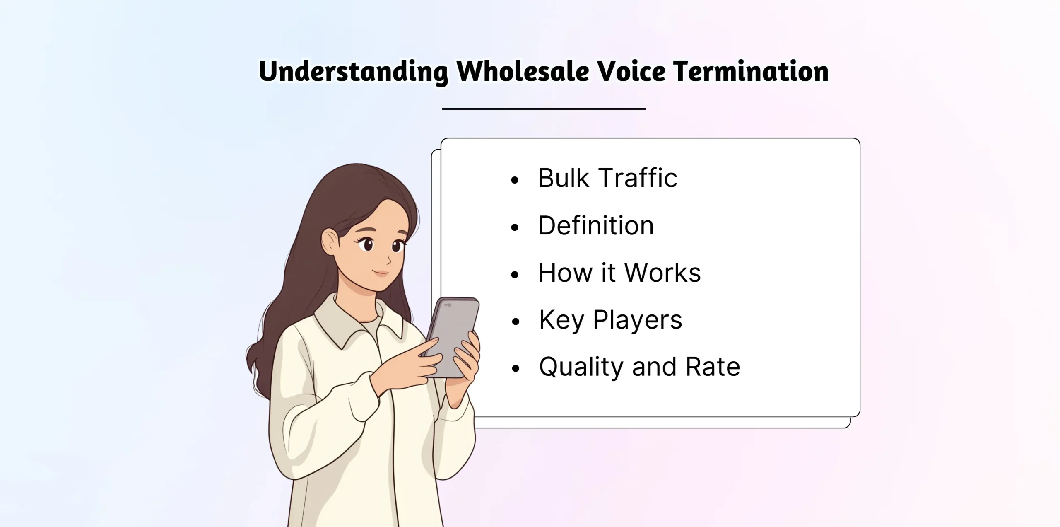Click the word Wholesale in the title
(523, 71)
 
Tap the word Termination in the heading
(750, 71)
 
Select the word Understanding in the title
(353, 72)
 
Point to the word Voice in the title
(631, 71)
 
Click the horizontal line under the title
(544, 109)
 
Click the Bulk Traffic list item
(607, 178)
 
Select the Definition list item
(596, 226)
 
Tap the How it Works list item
(619, 273)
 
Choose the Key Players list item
(610, 320)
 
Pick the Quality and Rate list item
(639, 367)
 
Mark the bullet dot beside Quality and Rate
(515, 369)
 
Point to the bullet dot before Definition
(515, 227)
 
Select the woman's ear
(330, 242)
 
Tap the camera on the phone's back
(448, 305)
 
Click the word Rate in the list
(712, 367)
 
